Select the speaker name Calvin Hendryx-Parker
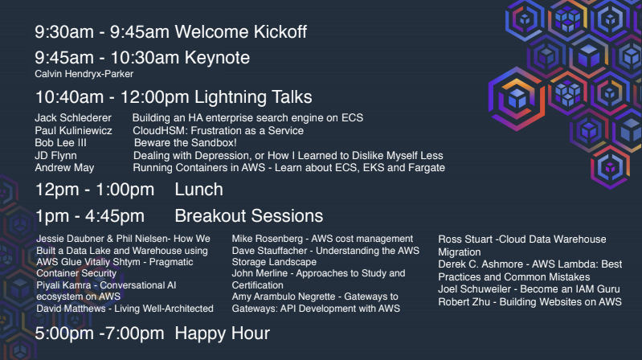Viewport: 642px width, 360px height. [x=84, y=74]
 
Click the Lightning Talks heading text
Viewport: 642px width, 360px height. [x=253, y=97]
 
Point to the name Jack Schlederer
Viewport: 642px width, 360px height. [x=73, y=118]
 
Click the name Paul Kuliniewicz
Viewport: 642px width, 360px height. [x=73, y=131]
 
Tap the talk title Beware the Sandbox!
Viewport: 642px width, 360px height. [x=186, y=143]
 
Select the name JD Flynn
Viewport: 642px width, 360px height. [x=55, y=156]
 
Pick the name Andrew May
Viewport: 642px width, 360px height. [x=64, y=168]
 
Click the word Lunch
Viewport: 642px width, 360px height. [x=199, y=190]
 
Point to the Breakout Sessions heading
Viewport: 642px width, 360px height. [x=249, y=216]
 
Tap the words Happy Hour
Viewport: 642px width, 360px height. [x=223, y=333]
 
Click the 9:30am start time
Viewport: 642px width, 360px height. [x=64, y=32]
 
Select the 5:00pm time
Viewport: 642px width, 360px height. [x=64, y=333]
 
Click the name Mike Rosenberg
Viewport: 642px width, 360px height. [x=268, y=239]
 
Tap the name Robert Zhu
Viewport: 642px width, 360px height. [x=464, y=302]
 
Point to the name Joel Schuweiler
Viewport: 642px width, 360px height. [x=475, y=289]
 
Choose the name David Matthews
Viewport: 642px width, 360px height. [x=71, y=309]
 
